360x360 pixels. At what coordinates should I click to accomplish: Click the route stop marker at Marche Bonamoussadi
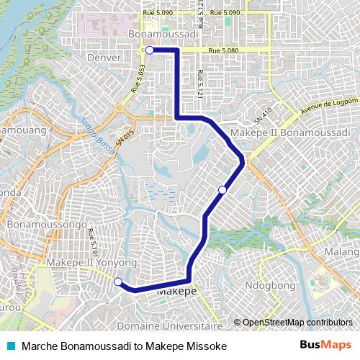coord(149,50)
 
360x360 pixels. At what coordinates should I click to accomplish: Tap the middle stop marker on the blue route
coord(223,189)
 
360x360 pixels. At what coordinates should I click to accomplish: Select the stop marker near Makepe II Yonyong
coord(118,282)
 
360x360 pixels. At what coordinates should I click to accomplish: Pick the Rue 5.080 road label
coord(223,50)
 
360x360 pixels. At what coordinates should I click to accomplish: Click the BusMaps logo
coord(325,345)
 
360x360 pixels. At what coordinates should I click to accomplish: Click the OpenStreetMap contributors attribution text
coord(297,323)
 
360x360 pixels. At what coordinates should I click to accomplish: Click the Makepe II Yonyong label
coord(91,264)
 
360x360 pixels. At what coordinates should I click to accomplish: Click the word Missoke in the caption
coord(207,346)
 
